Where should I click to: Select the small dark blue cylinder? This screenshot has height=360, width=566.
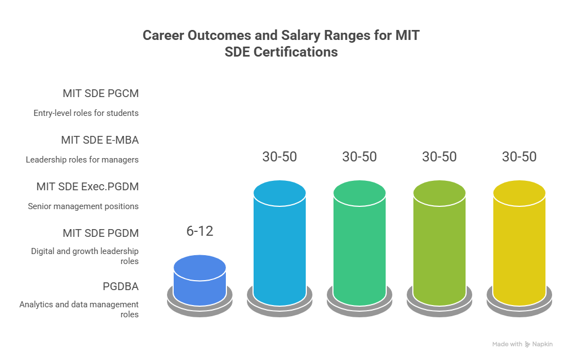coord(200,280)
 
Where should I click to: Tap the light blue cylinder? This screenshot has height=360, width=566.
coord(280,244)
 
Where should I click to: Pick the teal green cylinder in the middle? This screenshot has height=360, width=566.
coord(360,244)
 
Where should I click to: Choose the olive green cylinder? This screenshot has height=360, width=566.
coord(439,244)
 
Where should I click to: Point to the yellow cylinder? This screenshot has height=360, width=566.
coord(519,244)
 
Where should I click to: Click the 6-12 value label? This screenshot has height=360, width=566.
coord(200,231)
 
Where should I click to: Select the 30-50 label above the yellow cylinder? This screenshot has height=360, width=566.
coord(519,157)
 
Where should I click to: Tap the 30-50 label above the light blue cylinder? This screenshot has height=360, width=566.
coord(280,157)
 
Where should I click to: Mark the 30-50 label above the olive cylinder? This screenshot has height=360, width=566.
coord(439,157)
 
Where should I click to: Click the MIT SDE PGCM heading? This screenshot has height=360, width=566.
coord(100,94)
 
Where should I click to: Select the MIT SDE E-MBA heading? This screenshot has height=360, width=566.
coord(100,140)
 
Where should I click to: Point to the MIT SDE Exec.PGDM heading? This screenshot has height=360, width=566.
coord(88,187)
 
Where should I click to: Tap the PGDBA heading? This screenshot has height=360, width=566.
coord(120,287)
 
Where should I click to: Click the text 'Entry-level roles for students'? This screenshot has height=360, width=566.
coord(86,113)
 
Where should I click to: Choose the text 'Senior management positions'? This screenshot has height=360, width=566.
coord(83,206)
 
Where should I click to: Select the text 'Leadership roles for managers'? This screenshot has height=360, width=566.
coord(82,160)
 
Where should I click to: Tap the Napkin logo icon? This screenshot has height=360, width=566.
coord(528,344)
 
